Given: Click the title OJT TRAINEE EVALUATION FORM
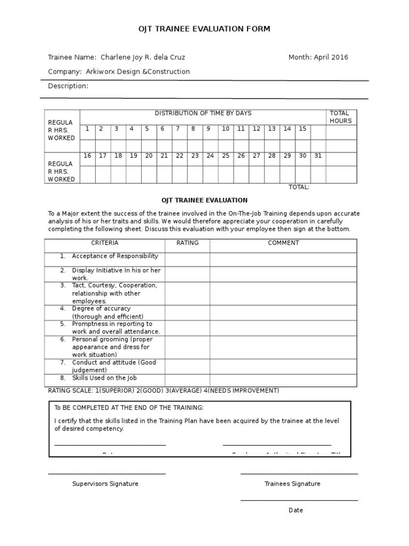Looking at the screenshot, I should coord(204,29).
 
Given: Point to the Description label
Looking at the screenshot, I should coord(68,86).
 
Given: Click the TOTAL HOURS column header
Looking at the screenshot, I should coord(341,117).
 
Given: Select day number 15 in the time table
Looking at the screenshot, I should coord(302,129).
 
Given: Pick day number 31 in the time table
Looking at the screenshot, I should coord(318,156).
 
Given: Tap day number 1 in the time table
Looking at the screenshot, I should coord(87,129).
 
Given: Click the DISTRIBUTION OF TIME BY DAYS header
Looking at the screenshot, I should coord(203,113).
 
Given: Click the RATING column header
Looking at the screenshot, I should coord(187,243).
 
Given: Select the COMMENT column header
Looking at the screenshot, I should coord(283,243).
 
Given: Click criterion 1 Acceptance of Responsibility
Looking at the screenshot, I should coord(115,256).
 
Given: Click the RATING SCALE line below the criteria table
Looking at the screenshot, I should coord(163,391).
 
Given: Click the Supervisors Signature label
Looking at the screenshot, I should coord(105,484).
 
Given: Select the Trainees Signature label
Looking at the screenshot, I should coord(292,484).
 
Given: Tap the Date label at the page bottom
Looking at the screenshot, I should coord(296,510).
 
